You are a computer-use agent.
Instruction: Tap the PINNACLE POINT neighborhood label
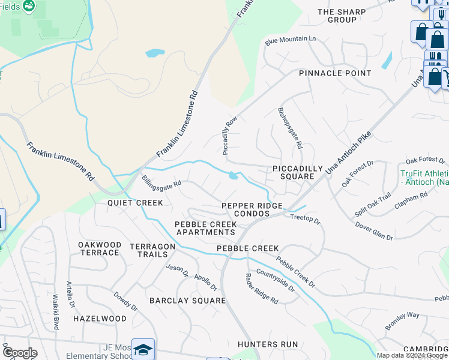(x=336, y=73)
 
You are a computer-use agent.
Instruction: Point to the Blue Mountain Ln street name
(x=291, y=40)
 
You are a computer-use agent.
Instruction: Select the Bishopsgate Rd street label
(x=291, y=128)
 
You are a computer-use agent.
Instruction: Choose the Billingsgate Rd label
(x=161, y=181)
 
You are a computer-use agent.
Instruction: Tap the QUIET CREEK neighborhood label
(x=135, y=203)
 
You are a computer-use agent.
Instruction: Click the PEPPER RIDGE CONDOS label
(x=252, y=209)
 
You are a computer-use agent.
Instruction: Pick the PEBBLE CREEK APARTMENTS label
(x=205, y=228)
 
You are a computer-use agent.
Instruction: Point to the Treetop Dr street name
(x=306, y=220)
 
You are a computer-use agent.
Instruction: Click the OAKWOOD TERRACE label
(x=100, y=248)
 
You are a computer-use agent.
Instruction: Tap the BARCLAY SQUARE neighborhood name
(x=179, y=300)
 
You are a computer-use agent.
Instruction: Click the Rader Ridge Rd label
(x=262, y=288)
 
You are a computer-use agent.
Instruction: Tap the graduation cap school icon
(x=143, y=349)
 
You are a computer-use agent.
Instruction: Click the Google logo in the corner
(x=19, y=353)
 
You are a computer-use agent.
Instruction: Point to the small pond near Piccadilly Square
(x=233, y=176)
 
